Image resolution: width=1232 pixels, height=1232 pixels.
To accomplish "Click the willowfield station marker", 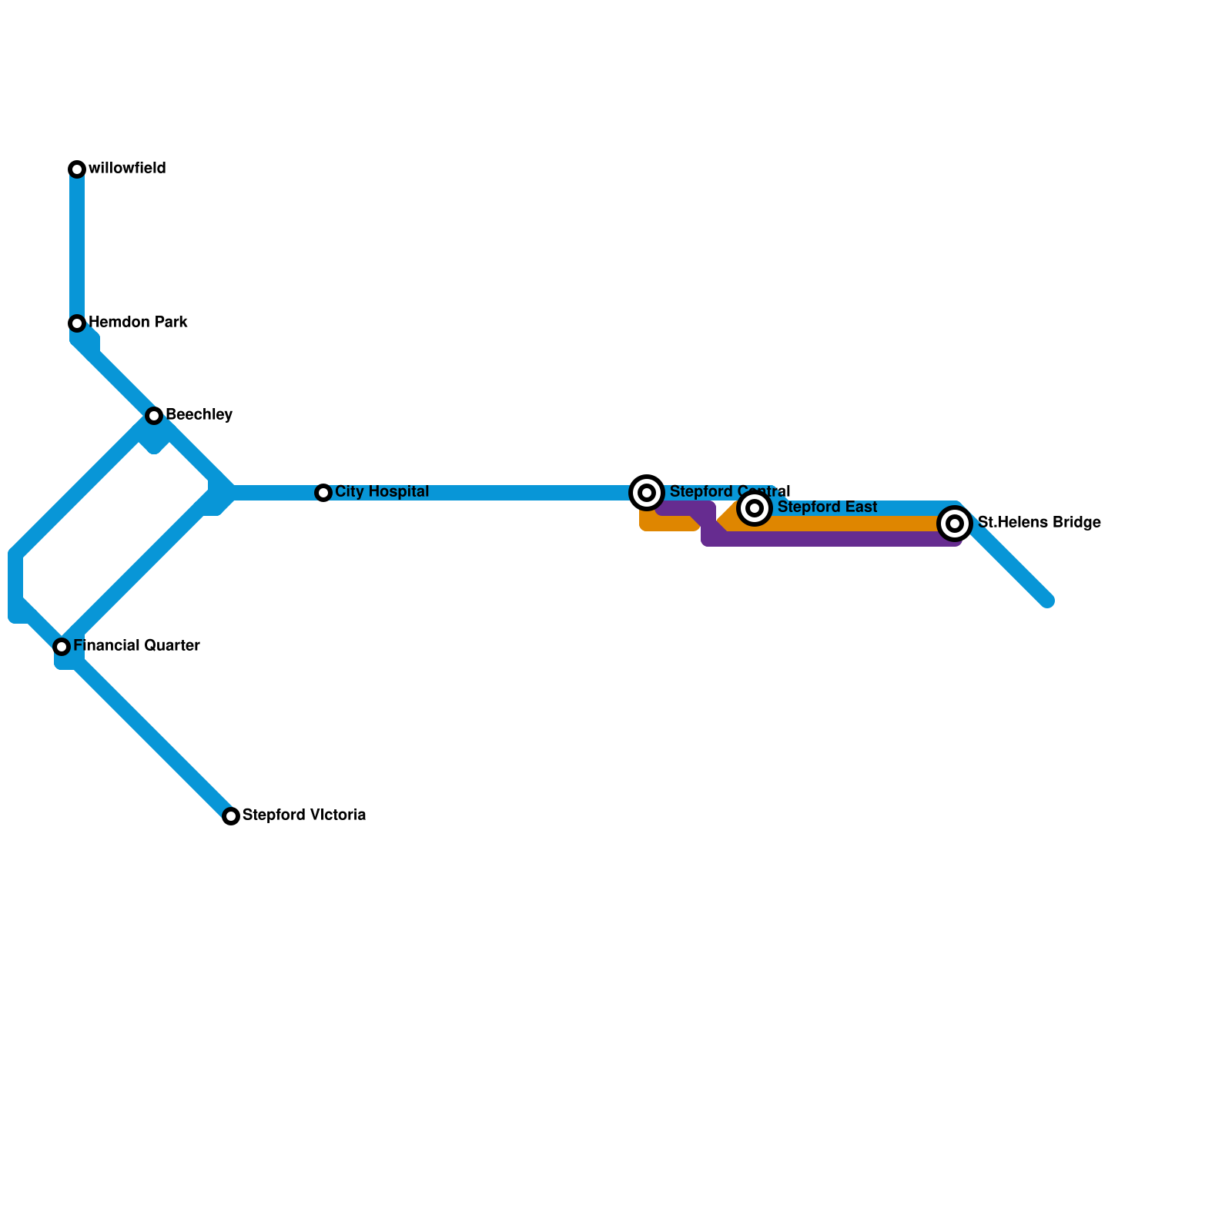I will [x=77, y=169].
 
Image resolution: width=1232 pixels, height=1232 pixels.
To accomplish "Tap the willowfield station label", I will [x=127, y=169].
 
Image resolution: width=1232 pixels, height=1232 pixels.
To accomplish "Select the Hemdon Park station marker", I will [x=77, y=323].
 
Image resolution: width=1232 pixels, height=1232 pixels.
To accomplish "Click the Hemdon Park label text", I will [x=138, y=323].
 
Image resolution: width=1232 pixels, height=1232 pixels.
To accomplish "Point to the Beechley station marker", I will [x=154, y=416].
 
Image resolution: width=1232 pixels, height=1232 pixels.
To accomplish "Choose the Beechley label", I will [x=199, y=415].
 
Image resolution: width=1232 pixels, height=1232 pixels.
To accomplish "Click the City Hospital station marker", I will [x=323, y=493].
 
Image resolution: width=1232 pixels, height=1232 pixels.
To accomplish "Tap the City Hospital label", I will [x=382, y=492].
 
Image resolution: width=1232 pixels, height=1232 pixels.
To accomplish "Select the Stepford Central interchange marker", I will [x=647, y=493].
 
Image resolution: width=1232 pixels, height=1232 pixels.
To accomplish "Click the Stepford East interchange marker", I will [x=755, y=508].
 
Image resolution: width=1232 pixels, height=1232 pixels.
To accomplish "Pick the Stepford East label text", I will [x=827, y=507].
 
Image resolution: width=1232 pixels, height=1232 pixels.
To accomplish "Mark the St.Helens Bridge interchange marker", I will [x=955, y=524].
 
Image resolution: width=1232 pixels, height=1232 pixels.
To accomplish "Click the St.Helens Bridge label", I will [x=1039, y=523].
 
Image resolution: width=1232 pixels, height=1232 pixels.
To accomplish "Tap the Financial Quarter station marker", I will [x=62, y=647].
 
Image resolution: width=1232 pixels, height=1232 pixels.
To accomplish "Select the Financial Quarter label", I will [x=136, y=646].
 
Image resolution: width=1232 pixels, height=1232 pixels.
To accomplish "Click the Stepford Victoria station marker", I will [x=231, y=816].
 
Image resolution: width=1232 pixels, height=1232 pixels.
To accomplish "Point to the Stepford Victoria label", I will [x=303, y=815].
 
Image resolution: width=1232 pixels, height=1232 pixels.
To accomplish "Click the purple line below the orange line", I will [x=832, y=539].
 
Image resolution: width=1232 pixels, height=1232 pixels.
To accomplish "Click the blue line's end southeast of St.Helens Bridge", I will [x=1046, y=601].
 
